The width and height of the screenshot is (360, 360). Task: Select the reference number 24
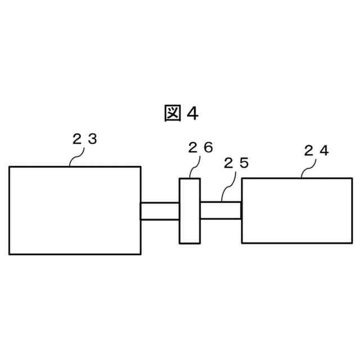click(316, 150)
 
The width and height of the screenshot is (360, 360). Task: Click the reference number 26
click(200, 148)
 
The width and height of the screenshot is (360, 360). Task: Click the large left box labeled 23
click(75, 210)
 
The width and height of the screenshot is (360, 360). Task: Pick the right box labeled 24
click(296, 210)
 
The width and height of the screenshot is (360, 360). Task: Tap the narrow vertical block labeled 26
click(190, 210)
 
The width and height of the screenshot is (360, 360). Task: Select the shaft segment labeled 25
click(220, 210)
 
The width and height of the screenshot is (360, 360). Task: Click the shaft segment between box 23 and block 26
click(160, 211)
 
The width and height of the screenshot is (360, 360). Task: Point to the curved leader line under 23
click(74, 158)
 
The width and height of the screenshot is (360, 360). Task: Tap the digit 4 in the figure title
click(192, 114)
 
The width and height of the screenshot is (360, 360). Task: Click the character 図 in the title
click(172, 114)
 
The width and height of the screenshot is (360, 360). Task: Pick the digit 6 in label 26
click(208, 148)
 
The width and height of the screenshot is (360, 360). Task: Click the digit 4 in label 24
click(324, 150)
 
